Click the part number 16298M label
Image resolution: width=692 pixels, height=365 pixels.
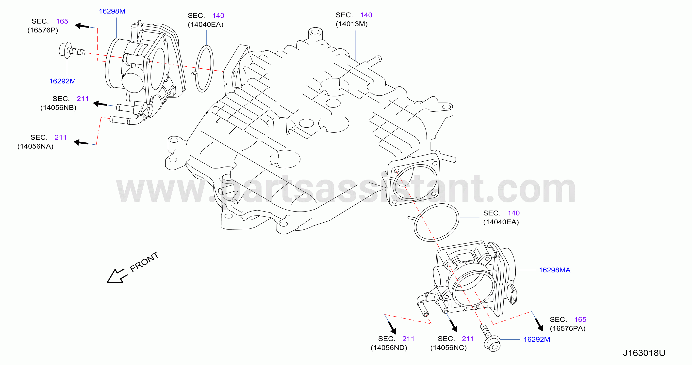click(112, 11)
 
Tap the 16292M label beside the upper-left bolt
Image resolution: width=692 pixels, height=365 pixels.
click(62, 81)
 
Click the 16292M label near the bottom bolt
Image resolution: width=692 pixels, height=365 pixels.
click(536, 339)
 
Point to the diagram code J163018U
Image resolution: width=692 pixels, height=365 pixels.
click(644, 353)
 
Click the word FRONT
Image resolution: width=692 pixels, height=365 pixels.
click(144, 262)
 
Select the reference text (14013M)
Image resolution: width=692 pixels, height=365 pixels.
click(351, 24)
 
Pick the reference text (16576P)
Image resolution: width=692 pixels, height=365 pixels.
click(43, 30)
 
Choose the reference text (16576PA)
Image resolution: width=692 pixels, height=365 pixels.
click(567, 329)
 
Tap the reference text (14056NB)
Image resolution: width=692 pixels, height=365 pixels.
click(58, 108)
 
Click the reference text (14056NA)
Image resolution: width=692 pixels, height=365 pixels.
click(35, 146)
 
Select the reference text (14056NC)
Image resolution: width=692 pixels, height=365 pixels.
click(448, 348)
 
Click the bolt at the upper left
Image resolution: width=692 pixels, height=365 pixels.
click(72, 50)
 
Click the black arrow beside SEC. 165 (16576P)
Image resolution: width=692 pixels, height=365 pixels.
click(82, 26)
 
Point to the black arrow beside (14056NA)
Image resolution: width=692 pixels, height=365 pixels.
click(81, 142)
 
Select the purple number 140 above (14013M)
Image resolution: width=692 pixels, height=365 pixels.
click(366, 15)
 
